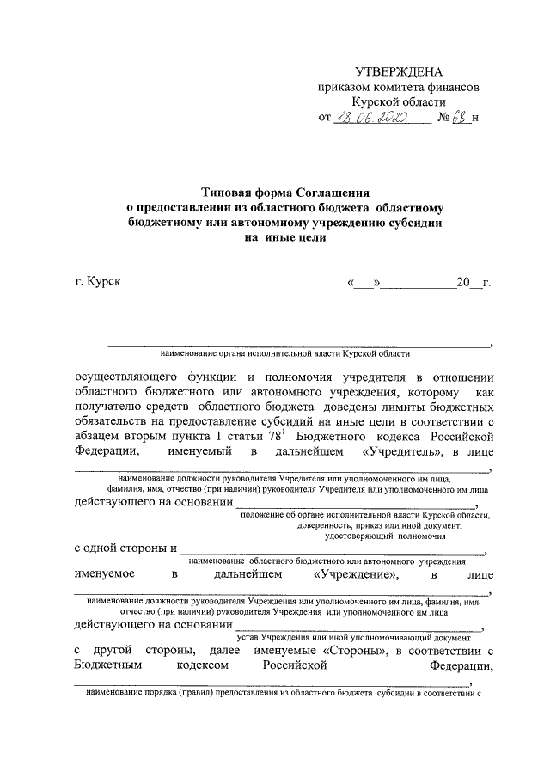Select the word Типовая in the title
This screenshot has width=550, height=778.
point(229,194)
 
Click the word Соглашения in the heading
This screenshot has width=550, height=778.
point(332,194)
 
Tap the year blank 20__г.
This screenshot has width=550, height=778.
point(473,282)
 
